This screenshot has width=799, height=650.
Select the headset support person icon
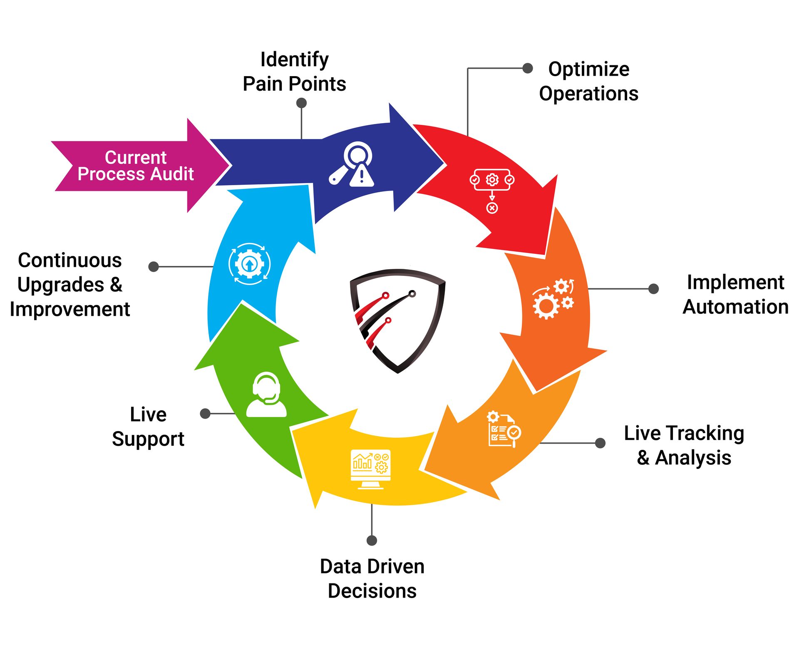coord(266,395)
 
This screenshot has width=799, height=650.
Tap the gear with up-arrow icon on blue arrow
coord(249,264)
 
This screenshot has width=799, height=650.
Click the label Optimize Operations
coord(588,81)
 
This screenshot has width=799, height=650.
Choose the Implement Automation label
coord(735,294)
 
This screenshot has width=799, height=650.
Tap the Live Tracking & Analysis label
coord(684,445)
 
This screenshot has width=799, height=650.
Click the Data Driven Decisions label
coord(372,578)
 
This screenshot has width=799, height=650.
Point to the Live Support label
coord(148,427)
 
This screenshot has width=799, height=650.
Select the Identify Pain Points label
coord(294,72)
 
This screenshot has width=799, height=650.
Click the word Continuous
coord(70,260)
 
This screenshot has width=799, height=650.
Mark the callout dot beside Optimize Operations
coord(528,68)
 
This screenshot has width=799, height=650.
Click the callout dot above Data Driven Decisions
coord(372,540)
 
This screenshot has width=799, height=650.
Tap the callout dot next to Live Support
coord(205,413)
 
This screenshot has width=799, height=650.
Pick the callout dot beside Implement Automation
coord(653,288)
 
